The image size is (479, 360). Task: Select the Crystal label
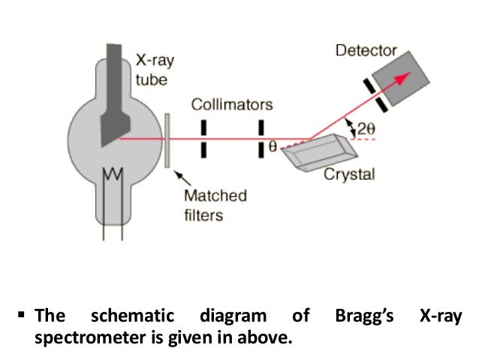click(348, 175)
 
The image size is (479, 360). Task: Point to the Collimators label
click(232, 104)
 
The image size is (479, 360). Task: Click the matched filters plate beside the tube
click(166, 141)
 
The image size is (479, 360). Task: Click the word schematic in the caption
click(132, 317)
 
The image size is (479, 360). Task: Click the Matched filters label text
click(215, 204)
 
